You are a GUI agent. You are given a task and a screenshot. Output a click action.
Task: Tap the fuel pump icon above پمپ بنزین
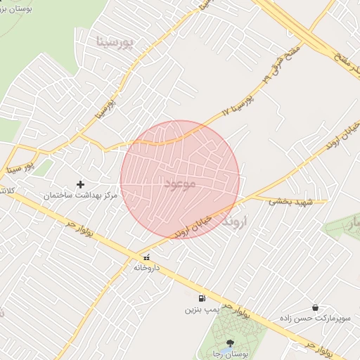click(202, 298)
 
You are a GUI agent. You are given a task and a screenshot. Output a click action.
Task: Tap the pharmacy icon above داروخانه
click(146, 257)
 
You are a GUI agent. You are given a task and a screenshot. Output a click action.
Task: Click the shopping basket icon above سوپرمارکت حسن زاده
click(314, 308)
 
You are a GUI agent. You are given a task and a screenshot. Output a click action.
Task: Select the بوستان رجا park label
click(231, 355)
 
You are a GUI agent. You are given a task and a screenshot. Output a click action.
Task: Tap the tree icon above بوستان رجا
click(231, 344)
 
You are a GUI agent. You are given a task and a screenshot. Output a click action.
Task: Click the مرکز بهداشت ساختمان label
click(80, 194)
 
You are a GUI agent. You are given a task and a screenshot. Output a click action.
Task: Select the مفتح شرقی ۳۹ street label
click(282, 63)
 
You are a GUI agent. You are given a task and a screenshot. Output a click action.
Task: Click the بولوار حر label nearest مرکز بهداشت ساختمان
click(71, 229)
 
